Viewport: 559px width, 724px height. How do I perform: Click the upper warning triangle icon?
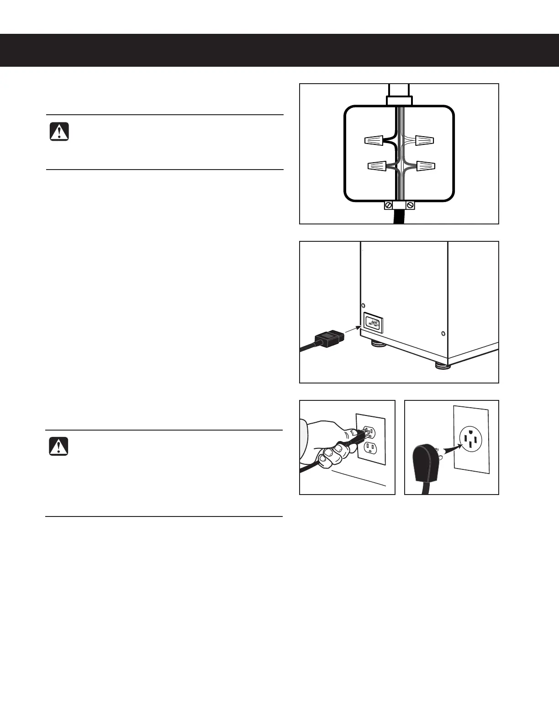click(59, 131)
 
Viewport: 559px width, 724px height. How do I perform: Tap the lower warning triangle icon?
click(59, 446)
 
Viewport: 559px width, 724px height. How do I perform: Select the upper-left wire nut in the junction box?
click(374, 141)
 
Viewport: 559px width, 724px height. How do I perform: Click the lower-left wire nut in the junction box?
click(378, 166)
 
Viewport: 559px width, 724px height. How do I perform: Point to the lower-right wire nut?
click(426, 165)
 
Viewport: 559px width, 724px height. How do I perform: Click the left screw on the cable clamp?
click(388, 205)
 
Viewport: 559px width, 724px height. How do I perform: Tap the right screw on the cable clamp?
click(410, 205)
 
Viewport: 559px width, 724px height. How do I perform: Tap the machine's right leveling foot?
click(441, 366)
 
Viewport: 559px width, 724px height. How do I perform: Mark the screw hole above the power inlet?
click(363, 305)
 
